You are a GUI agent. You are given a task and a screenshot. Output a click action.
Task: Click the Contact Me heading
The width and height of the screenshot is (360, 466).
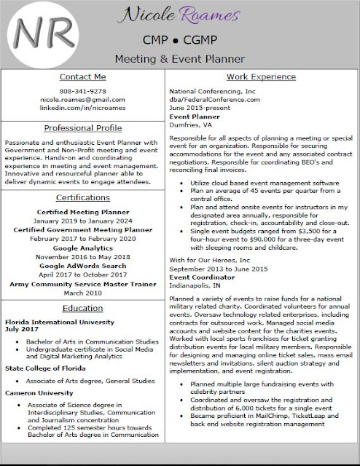click(x=83, y=77)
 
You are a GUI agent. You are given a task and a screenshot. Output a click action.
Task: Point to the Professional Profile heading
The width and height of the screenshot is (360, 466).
click(x=83, y=127)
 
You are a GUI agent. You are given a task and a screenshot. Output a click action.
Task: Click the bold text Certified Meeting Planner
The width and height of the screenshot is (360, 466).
click(x=83, y=210)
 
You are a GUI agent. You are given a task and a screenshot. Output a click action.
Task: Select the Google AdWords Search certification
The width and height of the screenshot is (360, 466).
click(x=83, y=267)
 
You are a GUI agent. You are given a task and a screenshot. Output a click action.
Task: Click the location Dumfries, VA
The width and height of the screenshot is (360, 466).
click(x=189, y=125)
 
